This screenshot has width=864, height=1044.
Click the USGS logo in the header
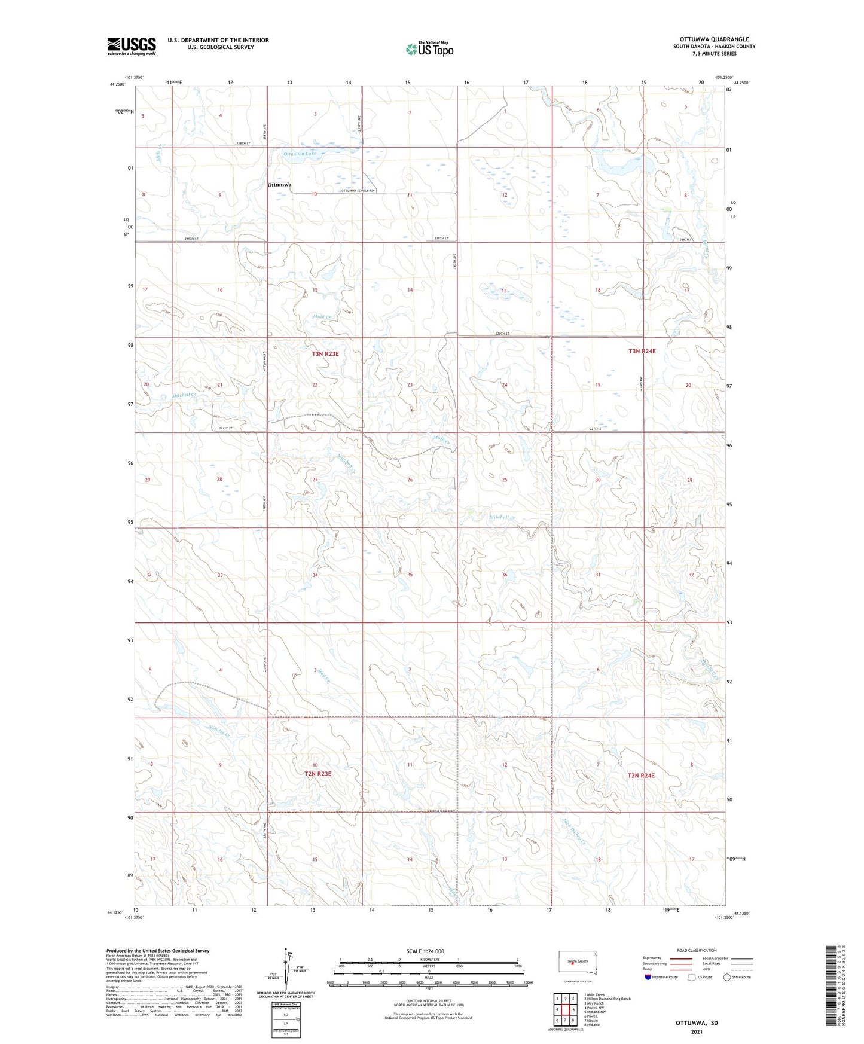coord(131,46)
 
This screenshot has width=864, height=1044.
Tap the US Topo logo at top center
coord(429,49)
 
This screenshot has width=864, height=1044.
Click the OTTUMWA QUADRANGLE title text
coord(713,39)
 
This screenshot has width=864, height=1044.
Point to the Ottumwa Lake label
coord(300,154)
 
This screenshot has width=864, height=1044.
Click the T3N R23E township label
coord(325,354)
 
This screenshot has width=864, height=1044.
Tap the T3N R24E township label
coord(642,352)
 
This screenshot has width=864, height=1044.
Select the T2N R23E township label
coord(317,774)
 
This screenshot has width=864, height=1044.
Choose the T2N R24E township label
coord(641,776)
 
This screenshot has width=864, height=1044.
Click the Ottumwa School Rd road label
coord(357,191)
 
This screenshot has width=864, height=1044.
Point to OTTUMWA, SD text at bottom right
coord(697,1023)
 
